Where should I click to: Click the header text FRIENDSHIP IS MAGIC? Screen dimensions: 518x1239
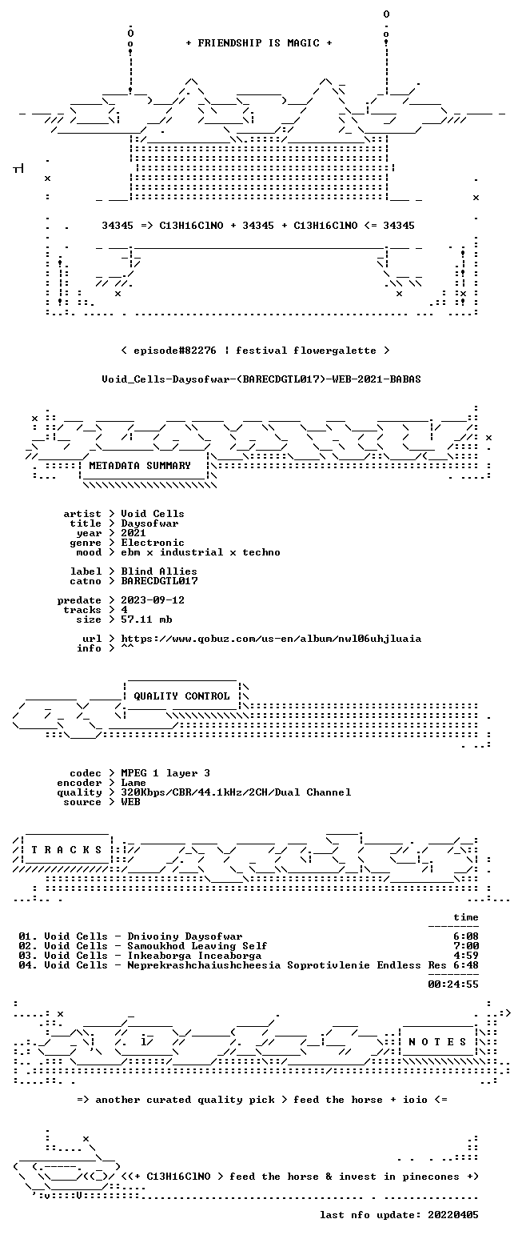[258, 43]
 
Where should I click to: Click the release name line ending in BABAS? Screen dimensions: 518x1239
[261, 379]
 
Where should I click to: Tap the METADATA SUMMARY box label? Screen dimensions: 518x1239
[140, 466]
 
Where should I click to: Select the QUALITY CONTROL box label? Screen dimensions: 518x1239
[181, 696]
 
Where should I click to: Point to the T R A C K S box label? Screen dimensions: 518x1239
[67, 850]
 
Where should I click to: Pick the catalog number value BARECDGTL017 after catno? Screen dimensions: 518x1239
[160, 581]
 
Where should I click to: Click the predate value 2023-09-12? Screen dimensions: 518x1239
[153, 601]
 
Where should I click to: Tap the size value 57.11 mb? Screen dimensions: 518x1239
[146, 620]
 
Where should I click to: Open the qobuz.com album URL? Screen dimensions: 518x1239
[271, 639]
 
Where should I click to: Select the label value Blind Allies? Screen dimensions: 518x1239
[159, 572]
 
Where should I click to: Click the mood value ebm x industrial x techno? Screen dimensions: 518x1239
[201, 552]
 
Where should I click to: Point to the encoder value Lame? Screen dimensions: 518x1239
[133, 784]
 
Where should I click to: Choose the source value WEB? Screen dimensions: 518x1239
[130, 803]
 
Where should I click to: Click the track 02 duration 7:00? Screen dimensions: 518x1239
[466, 946]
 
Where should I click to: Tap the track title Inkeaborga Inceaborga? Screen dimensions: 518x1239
[194, 956]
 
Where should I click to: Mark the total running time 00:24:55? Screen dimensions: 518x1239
[453, 984]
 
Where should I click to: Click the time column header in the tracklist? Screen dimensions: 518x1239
[466, 917]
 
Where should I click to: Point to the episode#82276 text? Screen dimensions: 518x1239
[175, 351]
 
